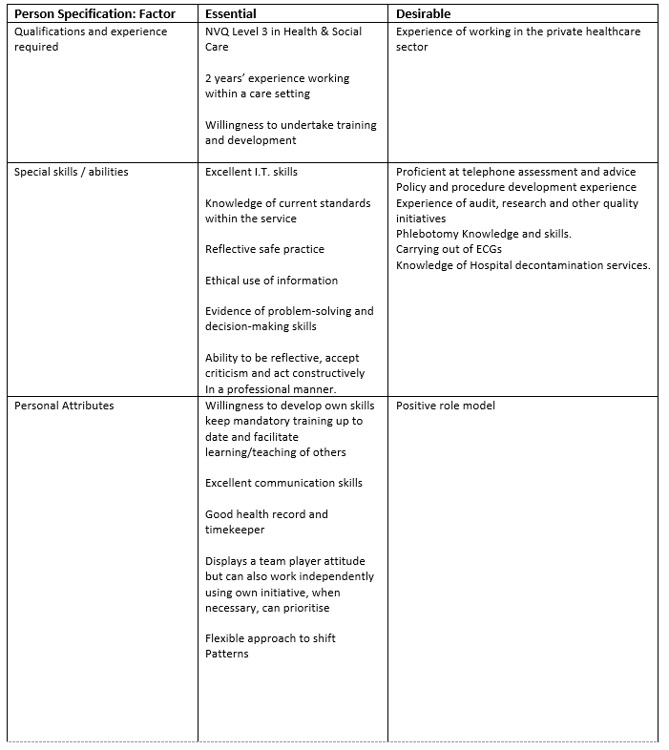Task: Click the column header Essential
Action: click(232, 14)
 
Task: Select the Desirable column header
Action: click(424, 14)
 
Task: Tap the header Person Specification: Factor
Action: click(94, 14)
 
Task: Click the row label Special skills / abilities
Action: click(71, 172)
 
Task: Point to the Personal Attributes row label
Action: click(63, 406)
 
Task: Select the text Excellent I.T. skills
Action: click(251, 172)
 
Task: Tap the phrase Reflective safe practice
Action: click(264, 249)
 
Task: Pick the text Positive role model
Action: click(446, 406)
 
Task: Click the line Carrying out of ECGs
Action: click(449, 249)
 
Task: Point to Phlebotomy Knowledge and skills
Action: click(484, 234)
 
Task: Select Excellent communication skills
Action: click(283, 483)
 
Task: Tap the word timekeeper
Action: click(235, 530)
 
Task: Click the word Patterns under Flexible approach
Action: click(226, 654)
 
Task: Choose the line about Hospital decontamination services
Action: click(523, 265)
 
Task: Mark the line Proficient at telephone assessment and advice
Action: click(515, 172)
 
